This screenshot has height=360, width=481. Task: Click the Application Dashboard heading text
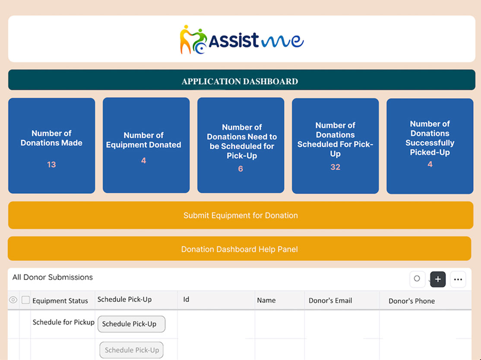[240, 81]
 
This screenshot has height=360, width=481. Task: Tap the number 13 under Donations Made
[51, 165]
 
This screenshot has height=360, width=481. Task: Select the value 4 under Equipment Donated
[143, 161]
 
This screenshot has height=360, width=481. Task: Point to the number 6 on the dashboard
[240, 169]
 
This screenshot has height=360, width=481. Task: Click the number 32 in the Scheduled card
[335, 167]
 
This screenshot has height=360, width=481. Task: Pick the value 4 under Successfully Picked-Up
[430, 164]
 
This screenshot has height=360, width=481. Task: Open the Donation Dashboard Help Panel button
[239, 249]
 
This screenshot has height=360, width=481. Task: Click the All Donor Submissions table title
[52, 277]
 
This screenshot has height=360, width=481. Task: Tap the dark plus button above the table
[438, 279]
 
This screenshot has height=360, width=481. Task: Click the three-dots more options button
[458, 280]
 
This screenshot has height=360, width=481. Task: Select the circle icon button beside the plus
[417, 279]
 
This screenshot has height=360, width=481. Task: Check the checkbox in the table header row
[25, 300]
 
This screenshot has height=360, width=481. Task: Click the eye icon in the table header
[13, 300]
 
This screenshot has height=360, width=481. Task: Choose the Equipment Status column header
[60, 301]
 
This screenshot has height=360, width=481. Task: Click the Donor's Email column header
[330, 300]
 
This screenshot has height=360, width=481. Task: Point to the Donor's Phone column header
[411, 301]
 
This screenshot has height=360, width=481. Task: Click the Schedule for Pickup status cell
[63, 322]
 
